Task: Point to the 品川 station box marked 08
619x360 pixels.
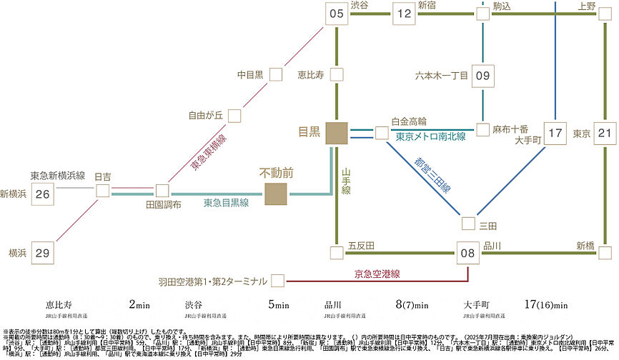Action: tap(467, 251)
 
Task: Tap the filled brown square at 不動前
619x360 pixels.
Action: tap(276, 194)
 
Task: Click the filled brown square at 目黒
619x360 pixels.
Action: tap(336, 132)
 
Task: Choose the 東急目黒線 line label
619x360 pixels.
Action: tap(226, 203)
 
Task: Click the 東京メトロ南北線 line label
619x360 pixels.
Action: tap(430, 136)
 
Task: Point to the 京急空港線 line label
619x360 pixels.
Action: tap(377, 274)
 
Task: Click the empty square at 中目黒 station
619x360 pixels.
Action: tap(275, 74)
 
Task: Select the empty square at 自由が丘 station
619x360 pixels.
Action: tap(234, 115)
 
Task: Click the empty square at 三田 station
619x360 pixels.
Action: tap(468, 224)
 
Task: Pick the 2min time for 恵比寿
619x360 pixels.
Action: tap(139, 305)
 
